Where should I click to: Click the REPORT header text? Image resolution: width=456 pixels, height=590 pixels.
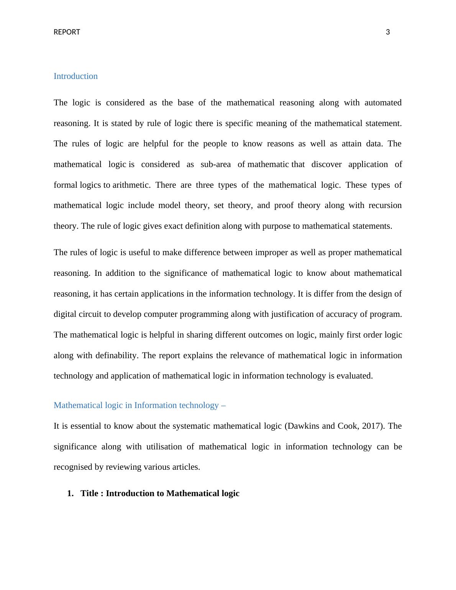67,32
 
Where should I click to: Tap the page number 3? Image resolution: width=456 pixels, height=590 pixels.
388,32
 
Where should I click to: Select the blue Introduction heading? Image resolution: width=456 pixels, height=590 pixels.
75,76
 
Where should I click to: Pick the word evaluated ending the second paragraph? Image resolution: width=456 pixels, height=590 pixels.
354,376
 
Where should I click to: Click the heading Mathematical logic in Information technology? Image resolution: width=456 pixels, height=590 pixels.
139,405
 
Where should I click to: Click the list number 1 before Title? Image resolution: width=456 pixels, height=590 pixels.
70,493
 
